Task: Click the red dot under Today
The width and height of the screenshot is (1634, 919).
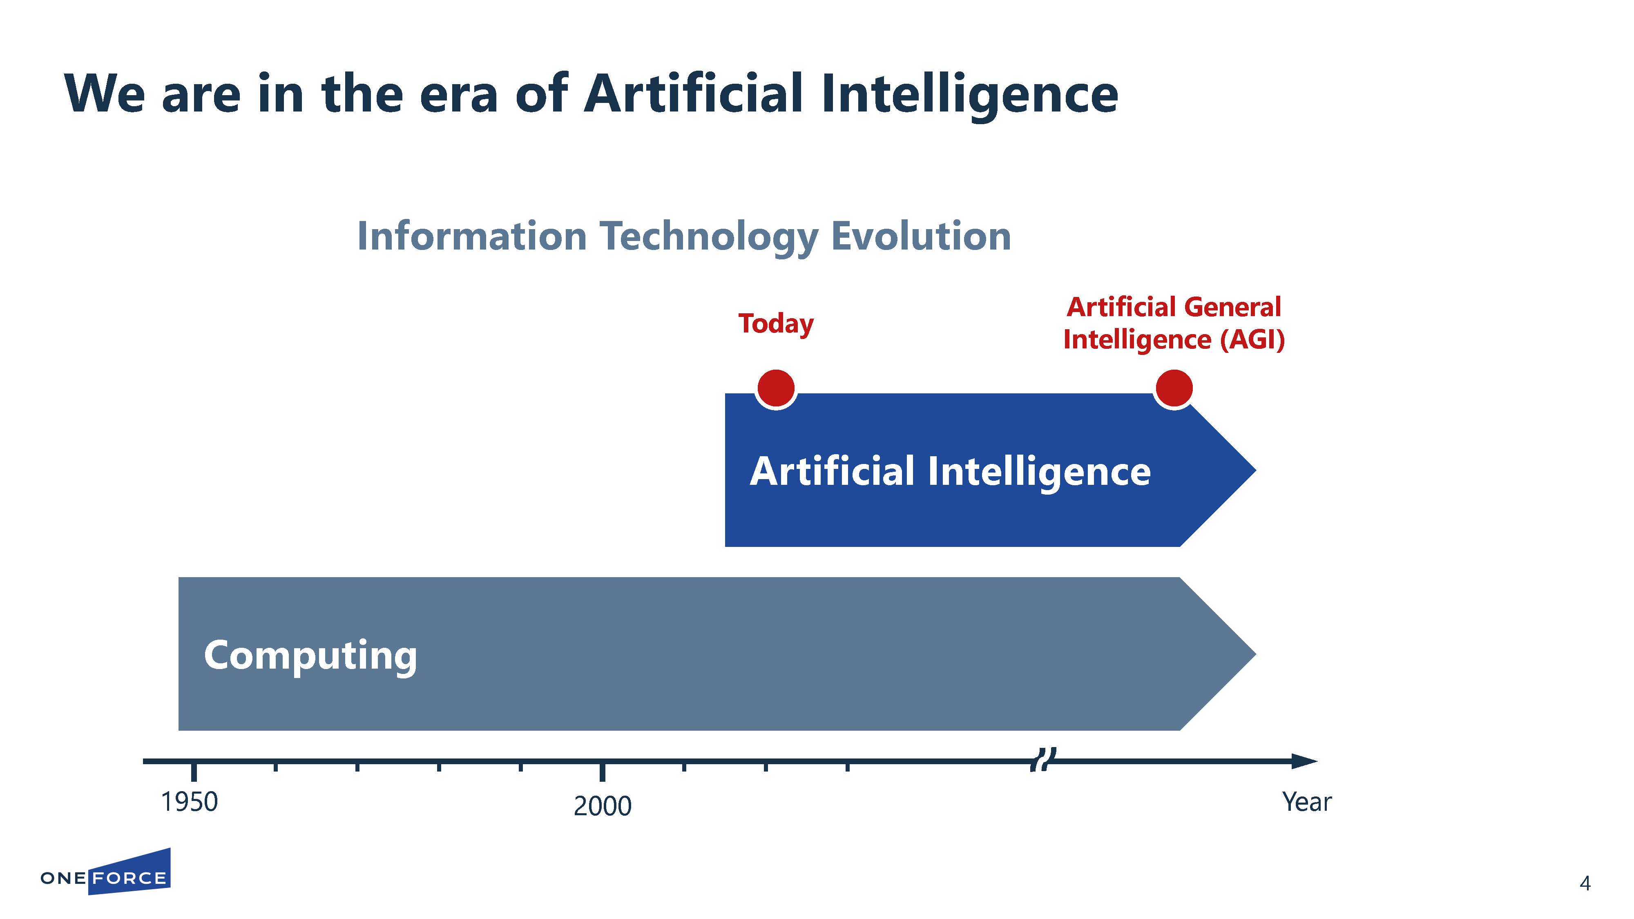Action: coord(776,388)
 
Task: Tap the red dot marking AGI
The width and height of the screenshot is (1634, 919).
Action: coord(1174,388)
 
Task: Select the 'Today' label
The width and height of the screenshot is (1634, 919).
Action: coord(776,324)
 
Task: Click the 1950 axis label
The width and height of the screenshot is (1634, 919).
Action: coord(189,802)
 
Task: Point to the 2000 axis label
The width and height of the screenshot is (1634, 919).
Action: coord(603,806)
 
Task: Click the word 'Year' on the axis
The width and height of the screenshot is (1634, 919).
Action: coord(1307,802)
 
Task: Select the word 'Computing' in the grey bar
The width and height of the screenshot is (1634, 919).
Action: coord(310,656)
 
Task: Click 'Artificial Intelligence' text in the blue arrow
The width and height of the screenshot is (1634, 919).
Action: coord(950,472)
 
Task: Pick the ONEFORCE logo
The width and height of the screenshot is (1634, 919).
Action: coord(105,873)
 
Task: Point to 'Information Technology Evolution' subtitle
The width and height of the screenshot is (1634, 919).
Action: coord(684,236)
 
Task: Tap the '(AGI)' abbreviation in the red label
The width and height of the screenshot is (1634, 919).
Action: coord(1253,340)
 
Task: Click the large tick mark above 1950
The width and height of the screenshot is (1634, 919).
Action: coord(194,771)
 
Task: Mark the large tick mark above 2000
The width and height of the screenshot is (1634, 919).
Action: coord(603,771)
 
